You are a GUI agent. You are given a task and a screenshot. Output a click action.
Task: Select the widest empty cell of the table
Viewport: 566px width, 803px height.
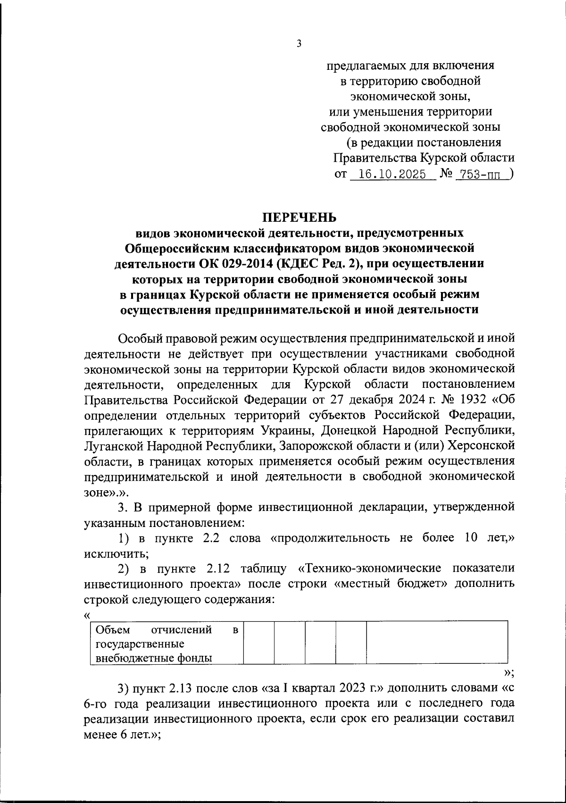(437, 644)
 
